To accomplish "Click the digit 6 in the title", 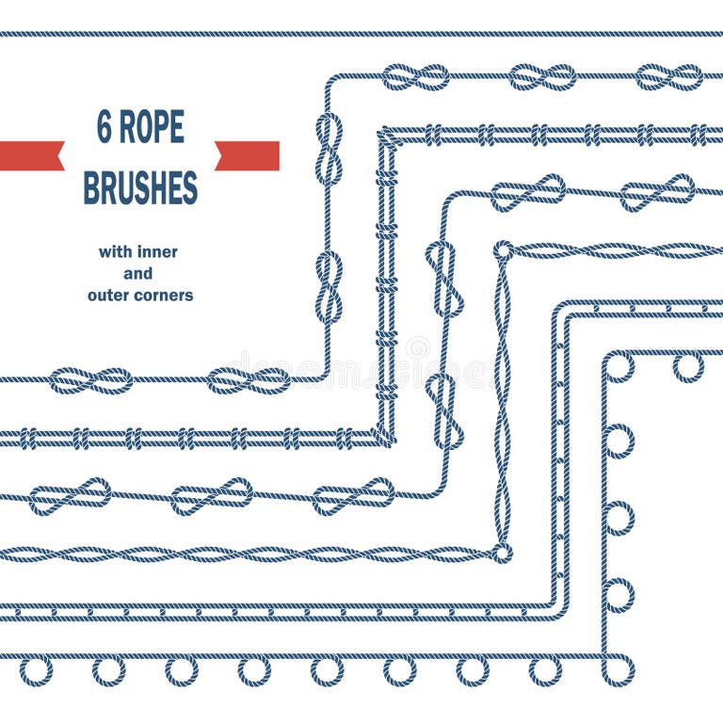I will (x=104, y=127).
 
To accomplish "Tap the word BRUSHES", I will (x=140, y=187).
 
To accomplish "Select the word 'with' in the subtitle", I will (x=116, y=252).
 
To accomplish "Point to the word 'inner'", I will (x=158, y=252).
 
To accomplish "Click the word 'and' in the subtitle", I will (x=139, y=274).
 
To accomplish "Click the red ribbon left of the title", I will (x=31, y=155).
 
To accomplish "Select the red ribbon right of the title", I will (x=248, y=155).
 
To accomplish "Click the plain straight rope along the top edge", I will (x=361, y=34).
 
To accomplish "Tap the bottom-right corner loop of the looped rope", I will (x=619, y=669).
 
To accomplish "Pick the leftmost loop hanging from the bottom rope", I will (x=36, y=670).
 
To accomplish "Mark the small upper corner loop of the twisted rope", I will (x=504, y=250).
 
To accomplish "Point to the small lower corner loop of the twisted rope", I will (x=502, y=553).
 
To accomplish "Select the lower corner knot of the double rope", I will (x=384, y=436).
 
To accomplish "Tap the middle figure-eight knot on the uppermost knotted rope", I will (x=541, y=76).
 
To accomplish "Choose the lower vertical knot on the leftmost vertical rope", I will (x=329, y=287).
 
